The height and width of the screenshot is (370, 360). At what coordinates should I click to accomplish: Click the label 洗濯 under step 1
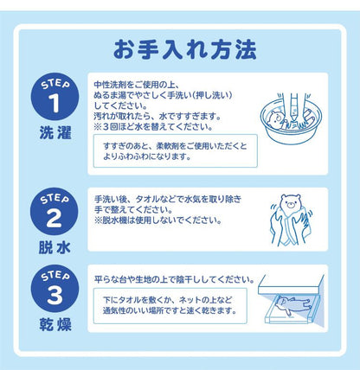(52, 134)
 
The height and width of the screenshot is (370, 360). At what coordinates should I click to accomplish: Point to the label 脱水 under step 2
(52, 246)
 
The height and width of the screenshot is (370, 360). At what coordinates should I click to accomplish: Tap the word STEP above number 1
(52, 85)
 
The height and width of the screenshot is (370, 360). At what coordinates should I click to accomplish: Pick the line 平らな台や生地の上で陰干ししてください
(172, 280)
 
